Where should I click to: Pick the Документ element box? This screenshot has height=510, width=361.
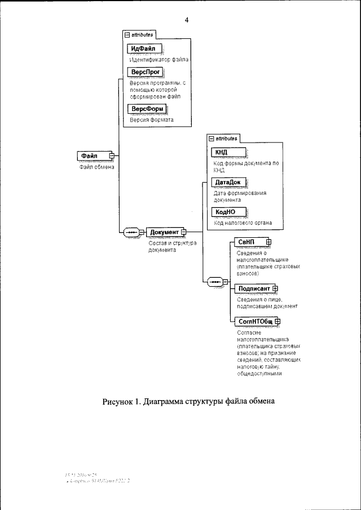coord(164,232)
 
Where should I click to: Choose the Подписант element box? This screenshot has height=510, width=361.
coord(253,289)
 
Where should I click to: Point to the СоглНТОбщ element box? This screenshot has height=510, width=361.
coord(255,321)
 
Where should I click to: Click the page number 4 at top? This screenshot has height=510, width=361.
coord(186,20)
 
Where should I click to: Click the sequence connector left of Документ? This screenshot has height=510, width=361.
coord(131,232)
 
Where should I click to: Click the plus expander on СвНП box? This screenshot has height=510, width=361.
coord(268,242)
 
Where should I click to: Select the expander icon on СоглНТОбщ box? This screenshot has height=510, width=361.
coord(278,321)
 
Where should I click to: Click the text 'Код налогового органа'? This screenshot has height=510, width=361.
coord(243,223)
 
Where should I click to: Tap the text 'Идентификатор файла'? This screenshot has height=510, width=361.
coord(159,59)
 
